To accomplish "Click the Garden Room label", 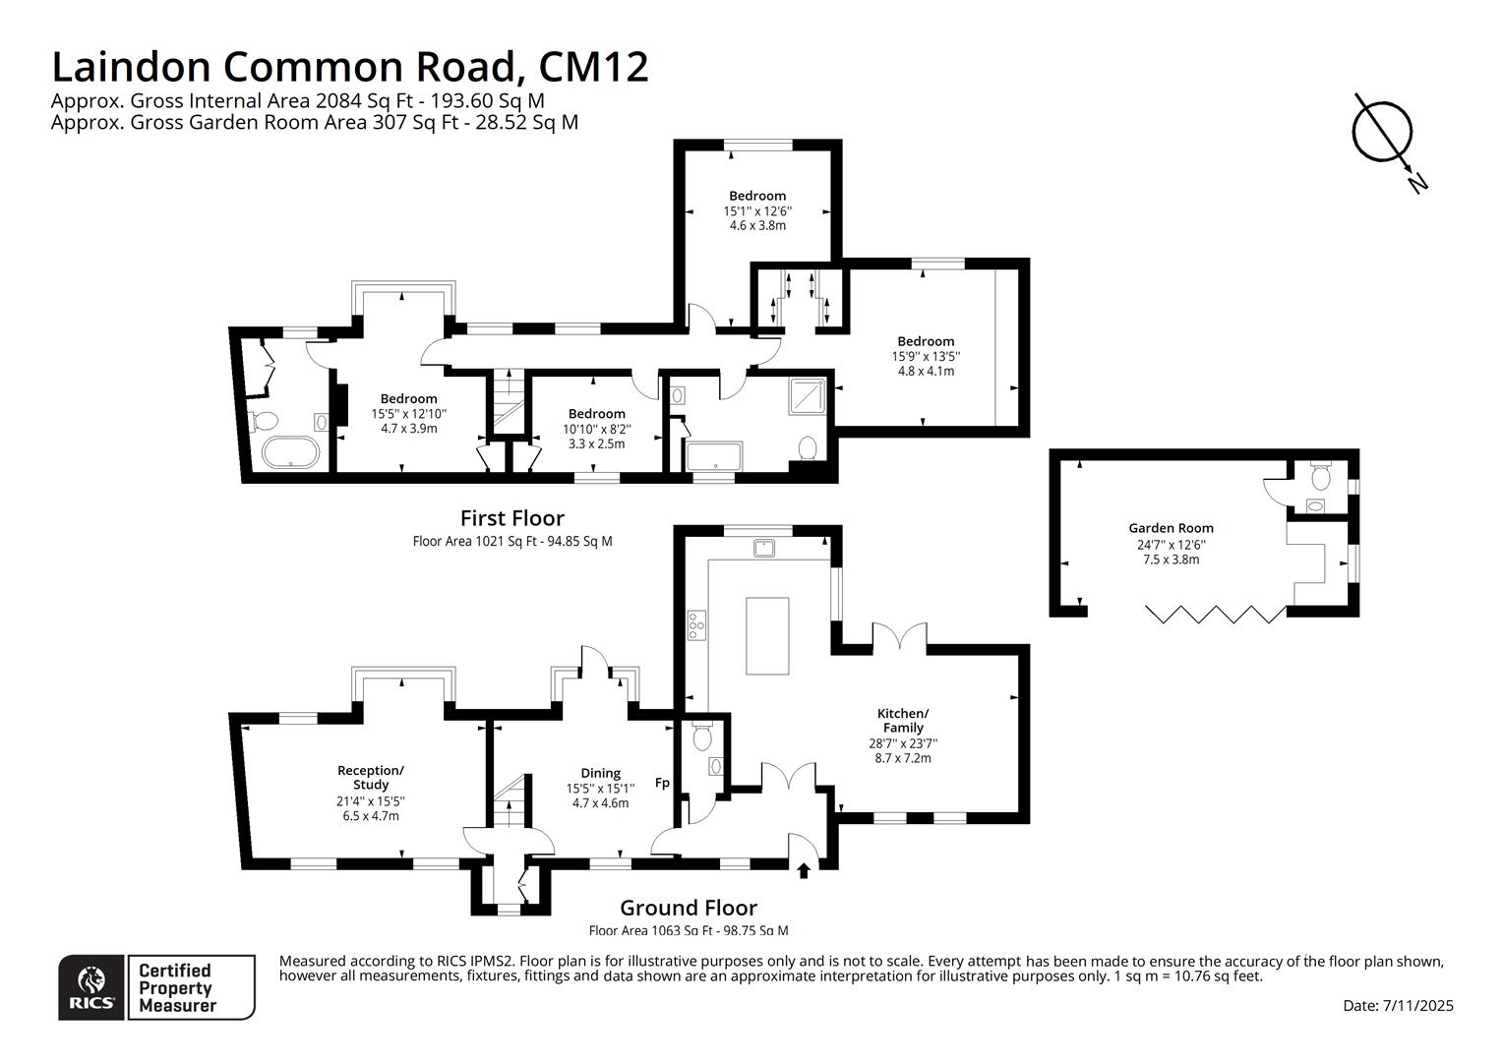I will pyautogui.click(x=1171, y=528).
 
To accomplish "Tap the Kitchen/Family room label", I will pyautogui.click(x=902, y=720).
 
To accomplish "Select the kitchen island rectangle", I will pyautogui.click(x=767, y=635).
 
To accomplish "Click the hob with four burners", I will pyautogui.click(x=696, y=624).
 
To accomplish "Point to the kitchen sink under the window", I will pyautogui.click(x=764, y=548).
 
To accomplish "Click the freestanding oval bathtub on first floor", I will pyautogui.click(x=290, y=453).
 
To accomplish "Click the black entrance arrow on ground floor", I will pyautogui.click(x=803, y=870).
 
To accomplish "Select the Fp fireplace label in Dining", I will pyautogui.click(x=662, y=783).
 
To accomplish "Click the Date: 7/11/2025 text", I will pyautogui.click(x=1398, y=1005).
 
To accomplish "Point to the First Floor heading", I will pyautogui.click(x=511, y=518).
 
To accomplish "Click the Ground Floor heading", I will pyautogui.click(x=688, y=908).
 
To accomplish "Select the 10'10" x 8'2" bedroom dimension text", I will pyautogui.click(x=596, y=429).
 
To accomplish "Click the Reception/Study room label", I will pyautogui.click(x=370, y=777).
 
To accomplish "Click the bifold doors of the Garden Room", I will pyautogui.click(x=1215, y=615).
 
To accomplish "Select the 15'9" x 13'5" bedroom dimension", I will pyautogui.click(x=925, y=357).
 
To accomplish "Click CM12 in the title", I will pyautogui.click(x=593, y=67).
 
